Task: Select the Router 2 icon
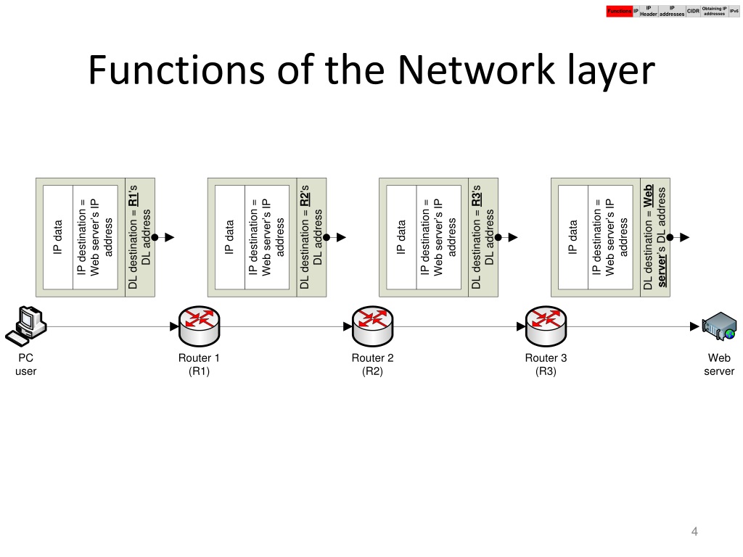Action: click(x=372, y=326)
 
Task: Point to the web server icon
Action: click(x=719, y=326)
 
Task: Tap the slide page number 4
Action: click(x=694, y=533)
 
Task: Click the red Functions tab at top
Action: click(x=620, y=11)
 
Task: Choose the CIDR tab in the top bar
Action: click(x=693, y=11)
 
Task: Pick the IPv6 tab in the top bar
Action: click(x=734, y=11)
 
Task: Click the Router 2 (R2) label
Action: click(x=372, y=364)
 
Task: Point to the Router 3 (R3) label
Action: click(x=546, y=364)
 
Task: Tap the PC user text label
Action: click(x=25, y=364)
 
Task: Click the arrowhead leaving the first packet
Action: click(x=169, y=237)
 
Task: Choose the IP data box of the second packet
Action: click(x=230, y=237)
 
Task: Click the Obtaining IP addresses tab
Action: click(x=715, y=11)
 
